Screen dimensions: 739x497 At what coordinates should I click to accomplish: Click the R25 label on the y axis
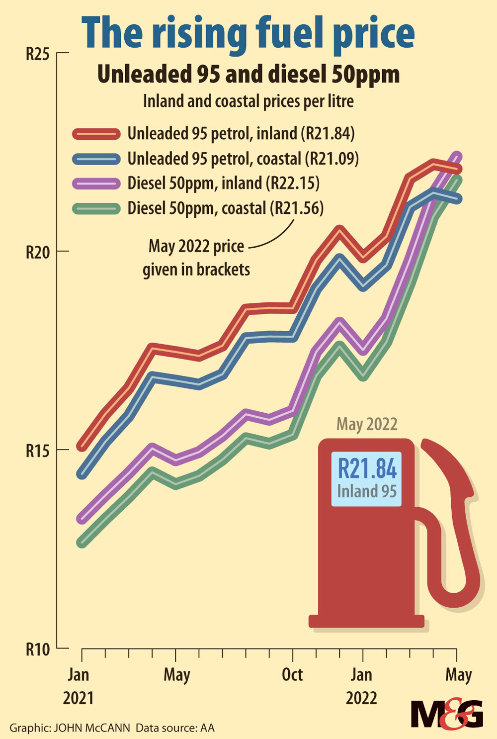coord(38,54)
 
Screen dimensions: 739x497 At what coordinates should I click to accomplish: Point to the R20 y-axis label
coord(38,252)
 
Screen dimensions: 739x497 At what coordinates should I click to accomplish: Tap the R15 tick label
coord(38,451)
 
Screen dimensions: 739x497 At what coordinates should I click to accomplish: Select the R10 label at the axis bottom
coord(38,649)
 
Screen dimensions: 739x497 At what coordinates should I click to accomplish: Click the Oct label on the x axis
coord(292,675)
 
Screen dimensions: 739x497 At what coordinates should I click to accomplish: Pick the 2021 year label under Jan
coord(78,698)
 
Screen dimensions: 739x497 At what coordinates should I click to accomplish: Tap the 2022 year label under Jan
coord(361,698)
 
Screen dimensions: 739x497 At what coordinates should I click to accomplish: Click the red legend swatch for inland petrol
coord(96,134)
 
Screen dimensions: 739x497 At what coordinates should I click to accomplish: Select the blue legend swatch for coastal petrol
coord(96,159)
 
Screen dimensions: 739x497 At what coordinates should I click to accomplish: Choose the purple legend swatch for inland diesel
coord(96,184)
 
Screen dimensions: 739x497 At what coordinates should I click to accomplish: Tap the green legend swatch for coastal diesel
coord(96,208)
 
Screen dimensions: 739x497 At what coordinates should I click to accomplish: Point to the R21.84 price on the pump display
coord(367,468)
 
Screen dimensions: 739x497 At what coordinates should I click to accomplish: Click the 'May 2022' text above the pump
coord(367,424)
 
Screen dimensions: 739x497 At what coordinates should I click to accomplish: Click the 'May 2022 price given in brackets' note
coord(196,258)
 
